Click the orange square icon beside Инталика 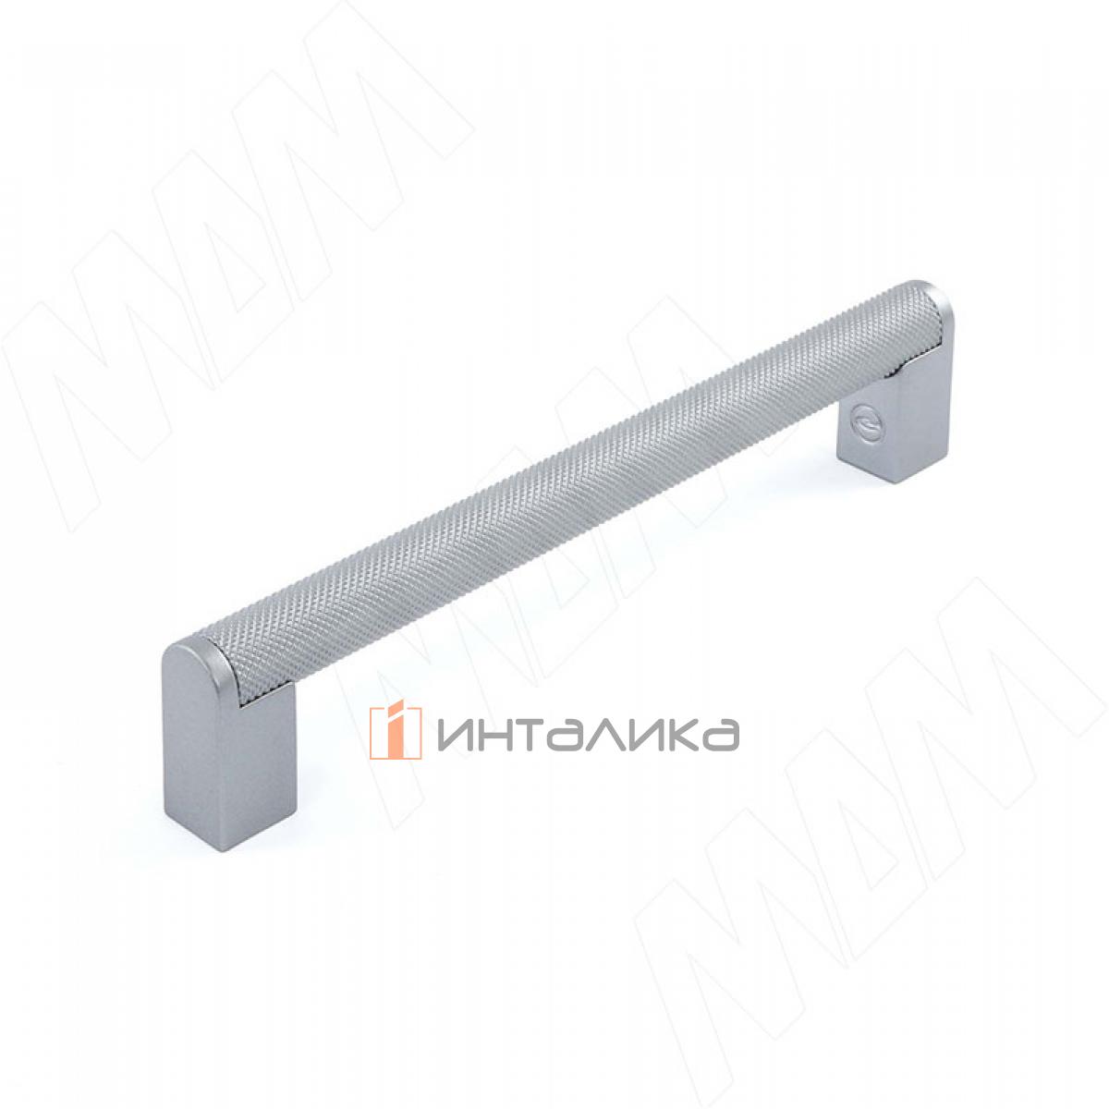tap(395, 732)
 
